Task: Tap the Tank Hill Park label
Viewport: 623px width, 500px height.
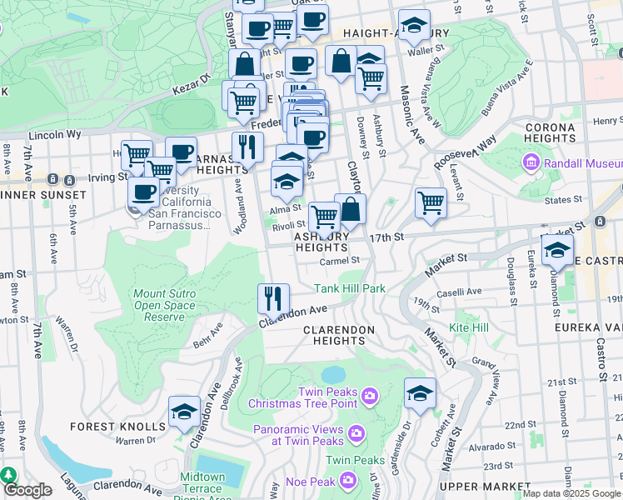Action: pyautogui.click(x=349, y=289)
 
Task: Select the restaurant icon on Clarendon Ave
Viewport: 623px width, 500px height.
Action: pyautogui.click(x=272, y=298)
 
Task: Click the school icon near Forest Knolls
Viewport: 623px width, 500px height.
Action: pyautogui.click(x=184, y=412)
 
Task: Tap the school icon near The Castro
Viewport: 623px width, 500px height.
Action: pyautogui.click(x=557, y=249)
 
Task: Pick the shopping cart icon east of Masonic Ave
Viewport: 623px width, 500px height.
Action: pyautogui.click(x=431, y=202)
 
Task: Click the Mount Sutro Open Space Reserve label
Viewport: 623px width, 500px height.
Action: pyautogui.click(x=164, y=305)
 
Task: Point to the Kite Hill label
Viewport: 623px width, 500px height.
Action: pyautogui.click(x=469, y=327)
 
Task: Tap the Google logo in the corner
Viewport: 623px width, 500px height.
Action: pyautogui.click(x=27, y=489)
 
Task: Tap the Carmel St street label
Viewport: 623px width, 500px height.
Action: pyautogui.click(x=339, y=260)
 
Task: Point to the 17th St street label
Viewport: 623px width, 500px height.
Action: pyautogui.click(x=386, y=237)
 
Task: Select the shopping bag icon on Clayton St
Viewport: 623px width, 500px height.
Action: pyautogui.click(x=351, y=210)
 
